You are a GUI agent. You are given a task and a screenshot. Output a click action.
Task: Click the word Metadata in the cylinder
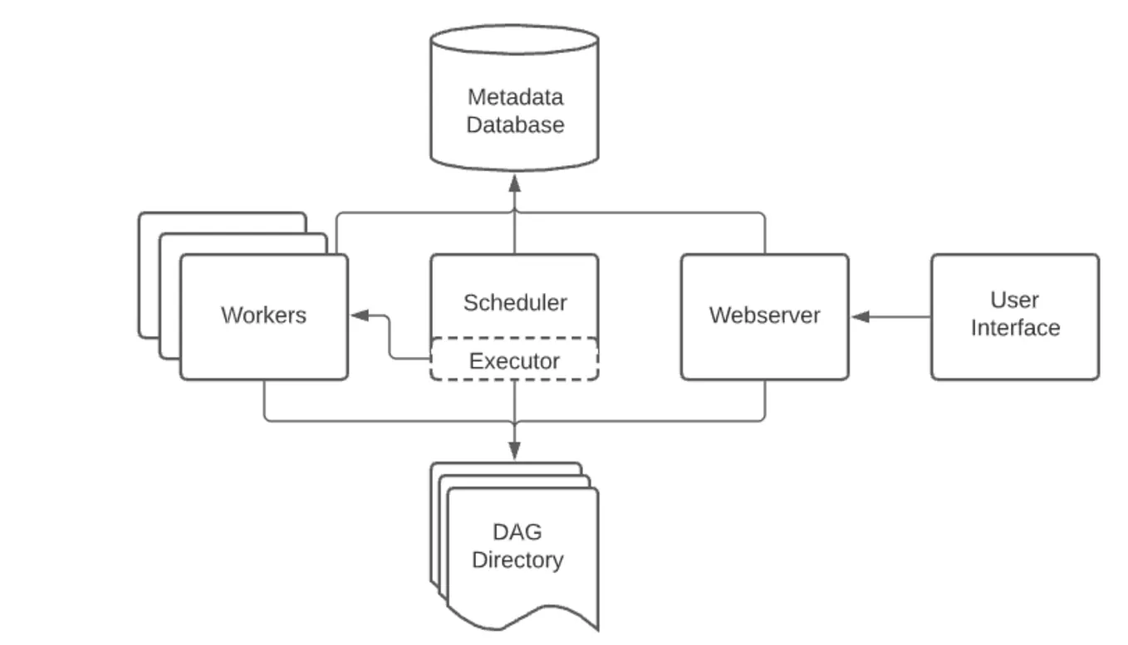pos(515,97)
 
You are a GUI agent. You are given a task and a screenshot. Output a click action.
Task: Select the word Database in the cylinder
pos(515,125)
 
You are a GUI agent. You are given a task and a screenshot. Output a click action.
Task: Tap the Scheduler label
pos(515,303)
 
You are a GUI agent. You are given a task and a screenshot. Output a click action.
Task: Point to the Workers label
pos(263,315)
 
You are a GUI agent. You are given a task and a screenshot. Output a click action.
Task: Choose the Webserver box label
pos(764,315)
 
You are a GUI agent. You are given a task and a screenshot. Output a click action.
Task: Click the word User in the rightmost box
pos(1014,301)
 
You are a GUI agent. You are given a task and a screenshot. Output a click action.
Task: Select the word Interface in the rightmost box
pos(1015,328)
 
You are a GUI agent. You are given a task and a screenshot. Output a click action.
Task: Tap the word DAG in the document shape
pos(517,532)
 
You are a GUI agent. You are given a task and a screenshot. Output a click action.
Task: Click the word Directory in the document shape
pos(517,560)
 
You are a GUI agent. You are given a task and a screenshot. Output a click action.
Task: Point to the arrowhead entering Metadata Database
pos(514,183)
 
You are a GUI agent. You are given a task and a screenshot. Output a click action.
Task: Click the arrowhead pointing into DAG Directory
pos(514,450)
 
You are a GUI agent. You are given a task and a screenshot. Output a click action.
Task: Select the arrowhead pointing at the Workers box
pos(360,315)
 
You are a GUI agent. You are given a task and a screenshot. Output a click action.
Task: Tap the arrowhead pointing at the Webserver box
pos(860,316)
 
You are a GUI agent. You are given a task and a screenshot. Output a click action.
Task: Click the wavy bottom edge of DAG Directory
pos(523,615)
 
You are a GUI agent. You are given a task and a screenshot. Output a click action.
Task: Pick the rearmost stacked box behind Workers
pos(222,214)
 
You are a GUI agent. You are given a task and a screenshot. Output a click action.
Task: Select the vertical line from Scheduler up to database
pos(514,222)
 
